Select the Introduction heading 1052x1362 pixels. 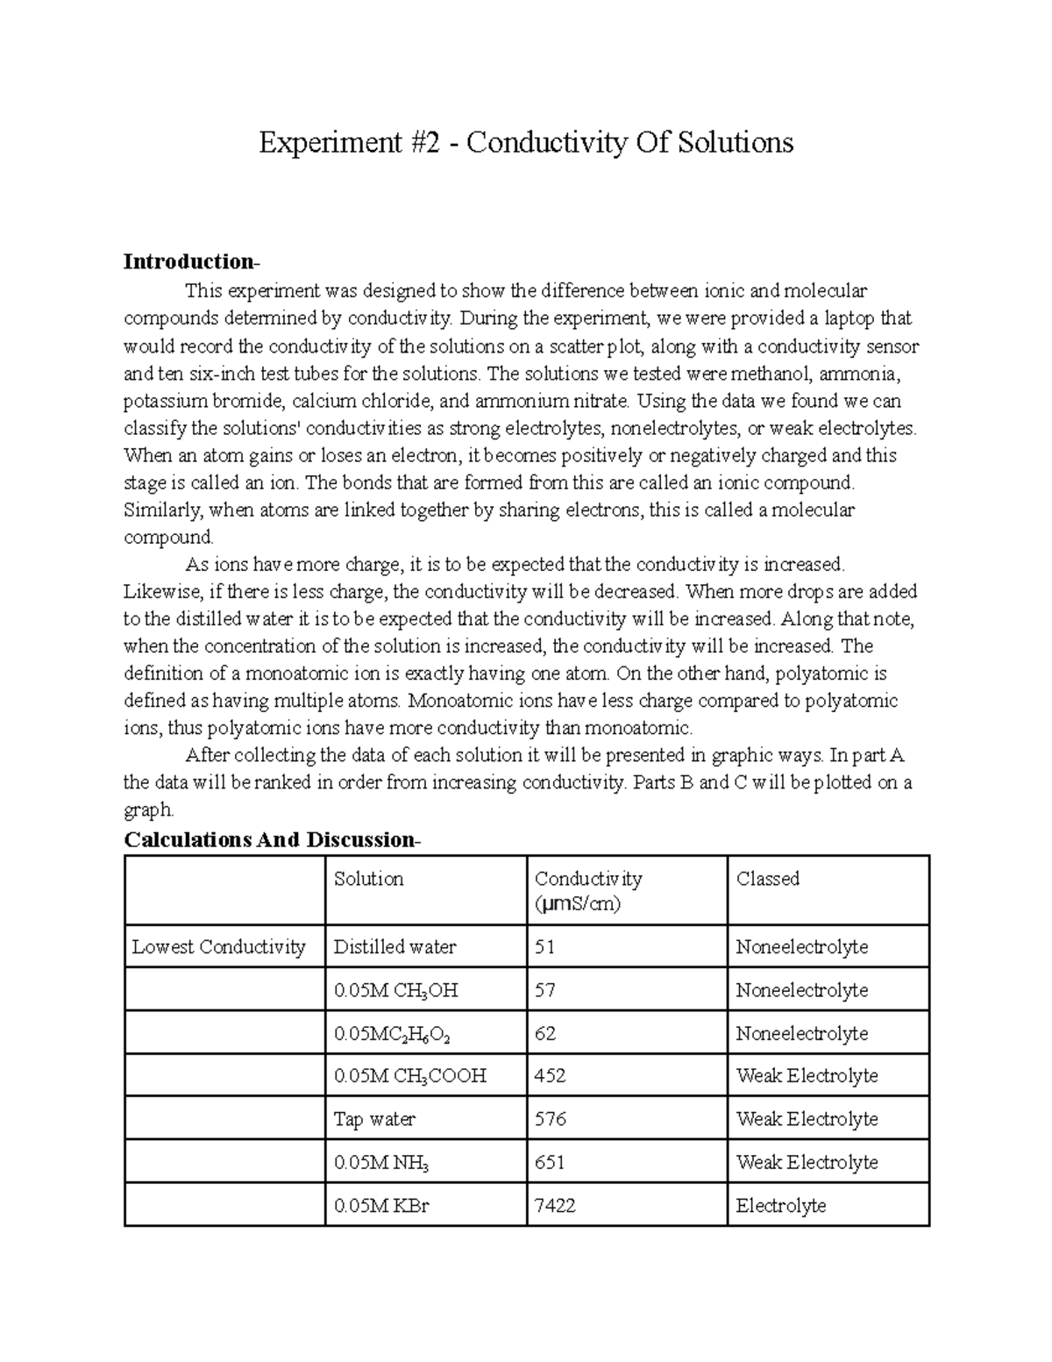[x=190, y=261]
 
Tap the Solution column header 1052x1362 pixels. [x=368, y=879]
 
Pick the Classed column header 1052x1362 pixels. [x=767, y=879]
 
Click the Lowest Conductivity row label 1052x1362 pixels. [x=218, y=947]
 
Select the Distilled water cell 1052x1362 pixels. [x=394, y=947]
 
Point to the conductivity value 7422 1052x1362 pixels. [x=554, y=1206]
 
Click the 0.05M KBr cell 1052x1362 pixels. [x=381, y=1206]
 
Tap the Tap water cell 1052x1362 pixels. [x=374, y=1120]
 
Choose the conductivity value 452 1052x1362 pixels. [x=550, y=1076]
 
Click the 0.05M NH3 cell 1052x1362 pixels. [x=381, y=1163]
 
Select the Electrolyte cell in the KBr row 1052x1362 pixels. [x=780, y=1206]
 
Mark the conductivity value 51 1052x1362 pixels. [x=544, y=947]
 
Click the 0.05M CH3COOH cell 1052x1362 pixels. [x=409, y=1076]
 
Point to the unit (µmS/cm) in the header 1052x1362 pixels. [x=577, y=904]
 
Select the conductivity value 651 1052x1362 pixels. [x=550, y=1163]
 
